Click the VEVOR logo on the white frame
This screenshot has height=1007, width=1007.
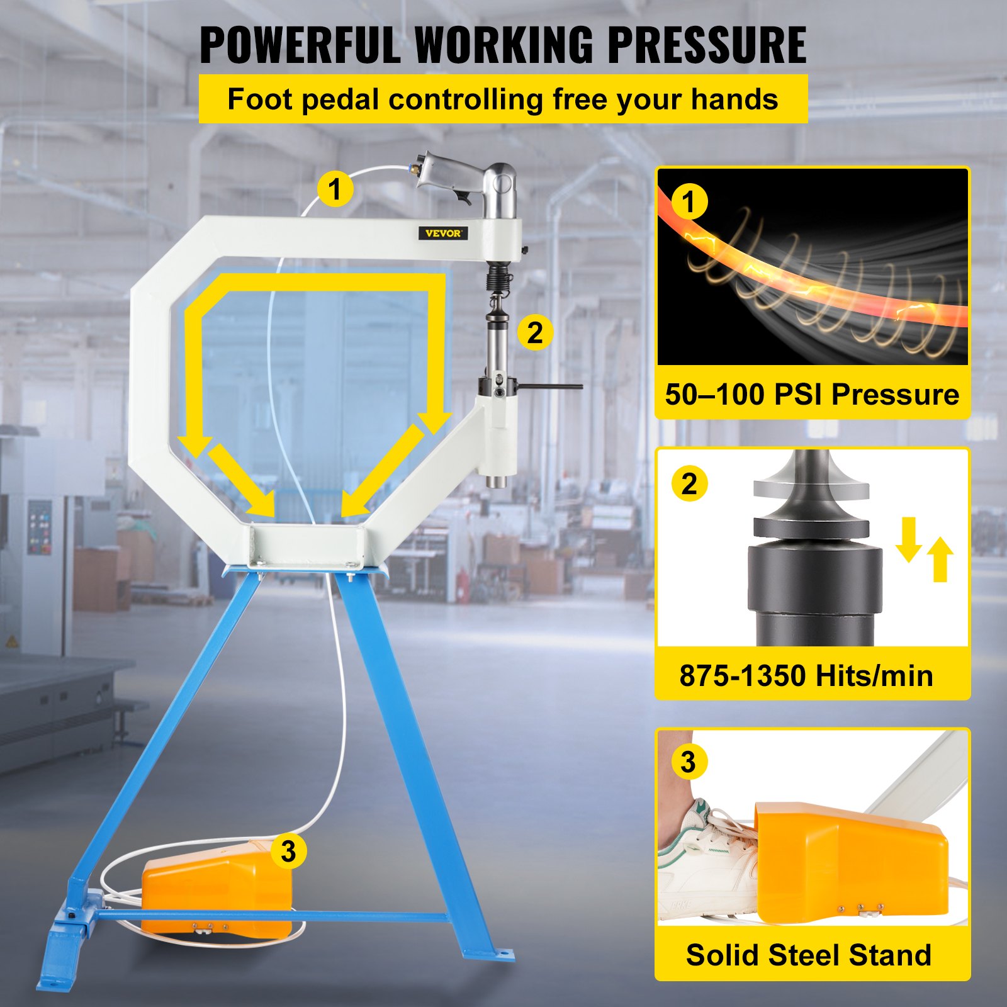(x=443, y=233)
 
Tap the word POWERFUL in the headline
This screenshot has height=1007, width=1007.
(x=300, y=45)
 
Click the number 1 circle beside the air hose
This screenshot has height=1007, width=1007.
(x=335, y=189)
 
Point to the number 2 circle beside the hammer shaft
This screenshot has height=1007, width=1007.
(x=535, y=332)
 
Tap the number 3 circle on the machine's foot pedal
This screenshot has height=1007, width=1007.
(x=288, y=852)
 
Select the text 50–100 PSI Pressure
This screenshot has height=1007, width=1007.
(x=812, y=395)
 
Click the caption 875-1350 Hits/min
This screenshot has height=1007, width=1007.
(x=806, y=676)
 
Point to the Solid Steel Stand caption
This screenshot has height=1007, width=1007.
(x=809, y=955)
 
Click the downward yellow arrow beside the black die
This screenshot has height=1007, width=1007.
(x=909, y=539)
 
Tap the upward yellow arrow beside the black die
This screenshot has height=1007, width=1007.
(x=940, y=559)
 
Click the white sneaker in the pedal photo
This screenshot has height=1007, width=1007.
(x=708, y=862)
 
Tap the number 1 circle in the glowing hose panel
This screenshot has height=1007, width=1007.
(x=689, y=202)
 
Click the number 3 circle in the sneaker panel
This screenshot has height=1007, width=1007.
(x=689, y=762)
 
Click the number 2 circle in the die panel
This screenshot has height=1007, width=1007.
(x=689, y=484)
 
